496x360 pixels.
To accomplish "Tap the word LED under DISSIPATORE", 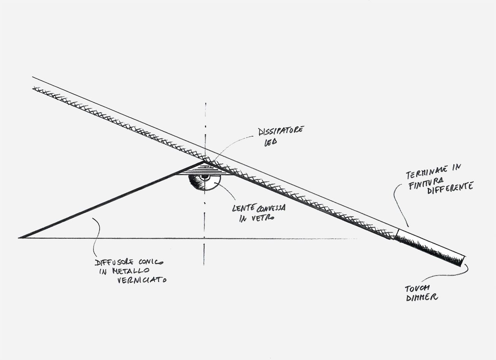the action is [x=270, y=143].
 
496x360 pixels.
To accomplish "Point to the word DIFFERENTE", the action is [x=450, y=189].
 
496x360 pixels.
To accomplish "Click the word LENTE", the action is [x=244, y=208].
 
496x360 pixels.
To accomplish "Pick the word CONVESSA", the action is [x=271, y=208].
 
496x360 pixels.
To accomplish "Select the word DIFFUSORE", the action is [x=114, y=262].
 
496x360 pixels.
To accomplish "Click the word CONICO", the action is [x=151, y=262].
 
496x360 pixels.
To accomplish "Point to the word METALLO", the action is [x=131, y=271].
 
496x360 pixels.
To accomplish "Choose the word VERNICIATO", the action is [x=142, y=280].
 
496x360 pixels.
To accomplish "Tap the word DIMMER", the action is [x=422, y=297].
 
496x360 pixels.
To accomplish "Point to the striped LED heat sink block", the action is [x=204, y=169].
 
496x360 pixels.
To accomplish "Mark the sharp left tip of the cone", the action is [x=19, y=238].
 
